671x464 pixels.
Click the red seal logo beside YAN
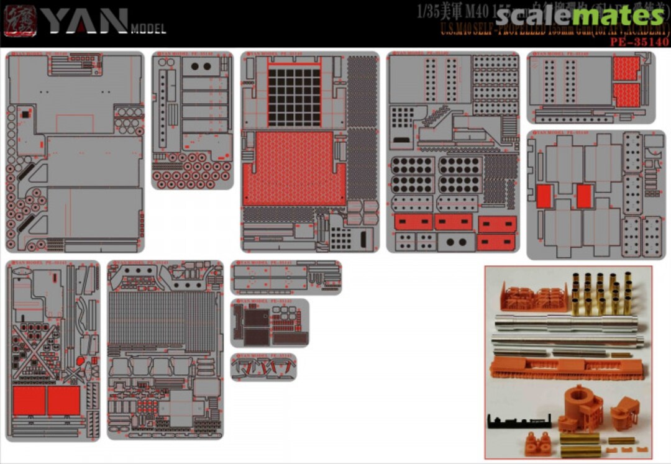pos(19,20)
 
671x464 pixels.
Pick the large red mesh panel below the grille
pos(293,168)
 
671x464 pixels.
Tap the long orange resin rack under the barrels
pos(565,368)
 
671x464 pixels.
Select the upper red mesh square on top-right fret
pos(626,68)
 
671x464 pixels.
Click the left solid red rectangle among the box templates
pos(544,196)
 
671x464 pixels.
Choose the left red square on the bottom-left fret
pos(29,401)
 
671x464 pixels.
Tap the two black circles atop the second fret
pos(201,66)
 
